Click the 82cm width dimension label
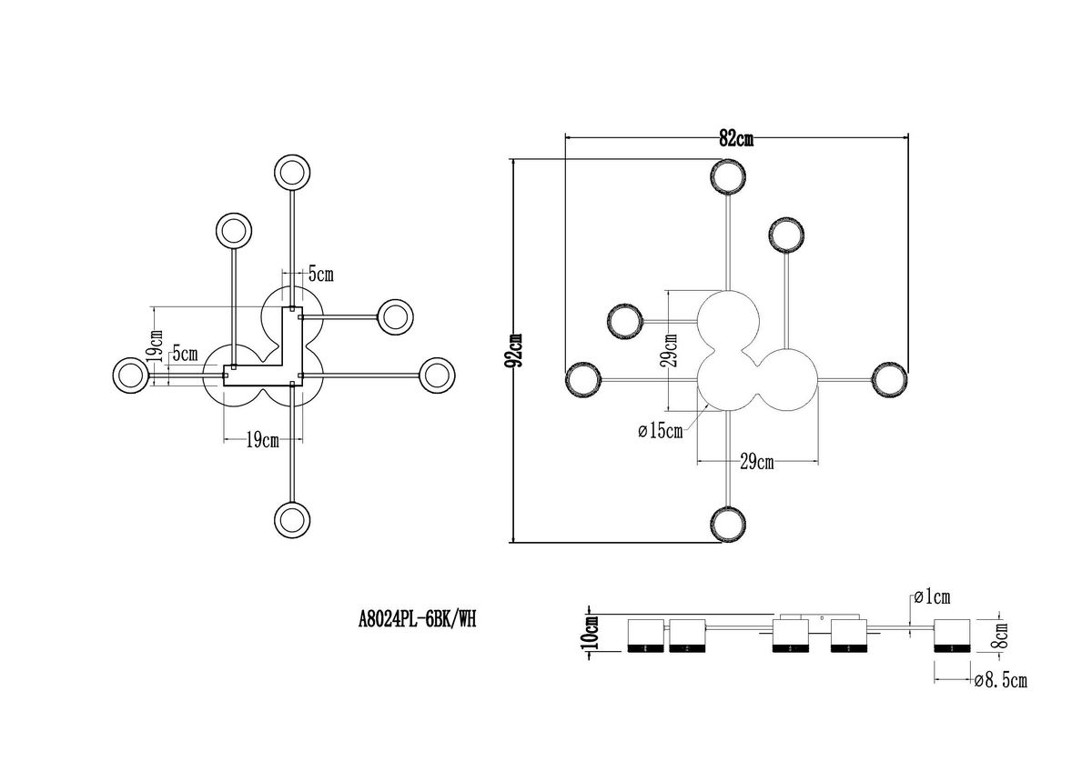[736, 139]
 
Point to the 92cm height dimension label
[516, 348]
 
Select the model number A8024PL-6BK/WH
[417, 620]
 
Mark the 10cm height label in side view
[591, 629]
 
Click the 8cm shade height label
[1001, 634]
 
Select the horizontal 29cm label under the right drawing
[756, 463]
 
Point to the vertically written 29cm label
[671, 349]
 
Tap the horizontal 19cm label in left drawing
[261, 441]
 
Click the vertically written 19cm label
[156, 344]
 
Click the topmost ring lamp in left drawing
[292, 172]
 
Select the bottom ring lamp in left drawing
[292, 517]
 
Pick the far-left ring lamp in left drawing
[128, 374]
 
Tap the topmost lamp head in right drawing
[729, 176]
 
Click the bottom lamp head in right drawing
[729, 525]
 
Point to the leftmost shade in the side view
[648, 636]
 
